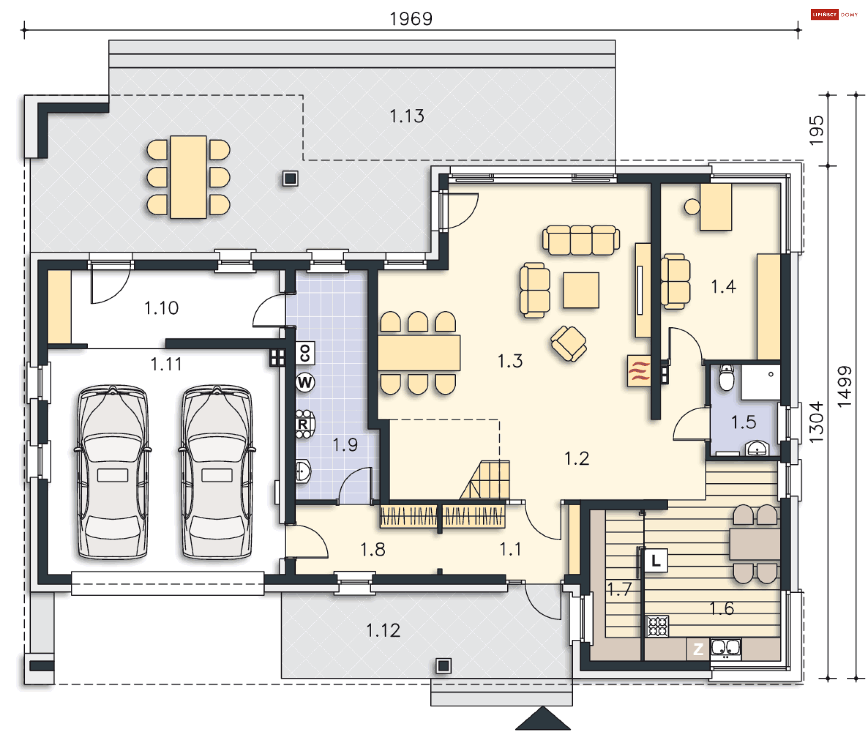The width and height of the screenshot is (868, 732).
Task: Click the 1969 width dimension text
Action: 411,19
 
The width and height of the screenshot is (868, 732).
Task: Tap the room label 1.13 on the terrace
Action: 407,116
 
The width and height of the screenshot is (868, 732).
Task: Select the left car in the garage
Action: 113,472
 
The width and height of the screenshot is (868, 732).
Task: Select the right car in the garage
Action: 217,472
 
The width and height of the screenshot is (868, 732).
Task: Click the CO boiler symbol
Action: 305,353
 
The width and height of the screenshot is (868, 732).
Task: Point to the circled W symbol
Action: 305,383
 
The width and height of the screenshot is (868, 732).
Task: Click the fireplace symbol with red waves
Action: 639,371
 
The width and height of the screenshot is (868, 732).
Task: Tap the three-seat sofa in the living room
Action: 581,240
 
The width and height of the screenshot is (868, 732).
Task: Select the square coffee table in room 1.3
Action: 581,290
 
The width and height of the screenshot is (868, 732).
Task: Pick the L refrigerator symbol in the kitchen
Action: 656,561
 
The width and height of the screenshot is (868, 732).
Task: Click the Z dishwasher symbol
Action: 698,649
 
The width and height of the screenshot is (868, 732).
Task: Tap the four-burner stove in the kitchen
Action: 657,626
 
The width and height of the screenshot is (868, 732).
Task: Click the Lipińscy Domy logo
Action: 835,15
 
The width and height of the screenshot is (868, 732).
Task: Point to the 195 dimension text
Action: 816,131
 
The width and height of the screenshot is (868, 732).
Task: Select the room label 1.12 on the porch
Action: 383,630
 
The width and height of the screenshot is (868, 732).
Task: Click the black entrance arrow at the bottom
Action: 543,718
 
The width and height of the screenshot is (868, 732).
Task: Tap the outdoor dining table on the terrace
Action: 189,177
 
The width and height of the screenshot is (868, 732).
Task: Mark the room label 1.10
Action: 161,308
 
